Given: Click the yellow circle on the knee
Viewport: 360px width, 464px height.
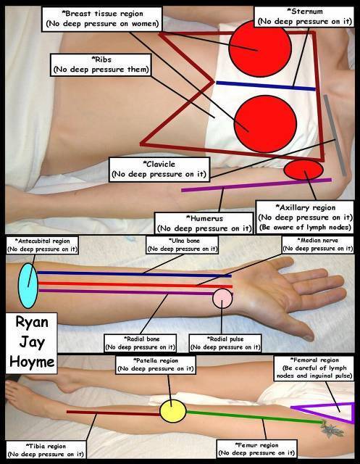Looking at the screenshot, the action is (173, 411).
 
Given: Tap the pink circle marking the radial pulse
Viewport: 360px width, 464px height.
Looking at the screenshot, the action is (222, 299).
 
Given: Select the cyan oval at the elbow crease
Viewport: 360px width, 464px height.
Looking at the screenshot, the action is (28, 286).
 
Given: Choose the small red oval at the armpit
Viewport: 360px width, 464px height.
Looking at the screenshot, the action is (304, 170).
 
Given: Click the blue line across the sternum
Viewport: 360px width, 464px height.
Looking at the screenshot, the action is (266, 86).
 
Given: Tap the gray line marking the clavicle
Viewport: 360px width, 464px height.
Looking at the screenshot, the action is (335, 136).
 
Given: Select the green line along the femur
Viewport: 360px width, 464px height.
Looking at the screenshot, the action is (254, 416).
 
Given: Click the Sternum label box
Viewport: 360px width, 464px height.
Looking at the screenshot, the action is (305, 17).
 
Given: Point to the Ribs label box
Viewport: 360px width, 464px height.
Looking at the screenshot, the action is (101, 65).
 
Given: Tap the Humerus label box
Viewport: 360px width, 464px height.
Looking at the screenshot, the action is (204, 223).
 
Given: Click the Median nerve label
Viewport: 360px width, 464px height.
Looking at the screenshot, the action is (318, 245).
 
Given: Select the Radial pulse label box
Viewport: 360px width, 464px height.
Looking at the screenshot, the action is (225, 343).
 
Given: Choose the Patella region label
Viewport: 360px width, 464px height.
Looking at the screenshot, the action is (156, 365).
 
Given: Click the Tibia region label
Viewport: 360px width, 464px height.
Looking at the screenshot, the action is (46, 450).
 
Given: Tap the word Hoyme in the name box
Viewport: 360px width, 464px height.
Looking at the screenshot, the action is (32, 362).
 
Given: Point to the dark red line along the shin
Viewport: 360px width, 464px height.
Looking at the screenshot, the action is (113, 413).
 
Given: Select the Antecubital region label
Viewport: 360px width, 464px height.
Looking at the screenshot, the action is (42, 245).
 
